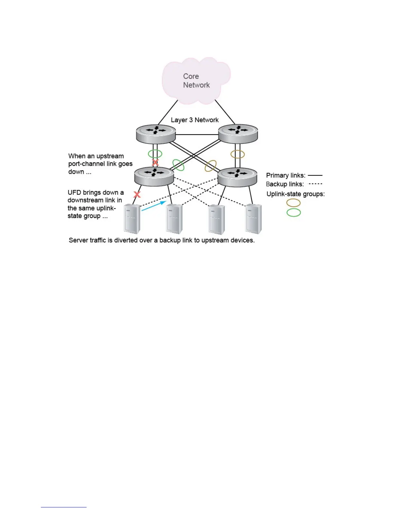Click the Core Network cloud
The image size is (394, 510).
point(196,80)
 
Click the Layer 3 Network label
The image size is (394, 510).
point(195,120)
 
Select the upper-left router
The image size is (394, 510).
point(156,134)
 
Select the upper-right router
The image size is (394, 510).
point(238,133)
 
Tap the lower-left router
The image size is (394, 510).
point(154,176)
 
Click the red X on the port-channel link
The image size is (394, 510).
point(155,163)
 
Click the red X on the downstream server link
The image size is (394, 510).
point(137,194)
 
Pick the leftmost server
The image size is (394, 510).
point(132,219)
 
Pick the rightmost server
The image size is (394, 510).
point(254,219)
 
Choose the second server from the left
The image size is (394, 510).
point(174,219)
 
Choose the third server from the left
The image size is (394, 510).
point(217,219)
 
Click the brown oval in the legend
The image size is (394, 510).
point(294,203)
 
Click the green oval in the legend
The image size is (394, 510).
point(294,212)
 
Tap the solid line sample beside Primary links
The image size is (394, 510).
point(315,175)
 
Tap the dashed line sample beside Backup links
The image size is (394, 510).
point(315,184)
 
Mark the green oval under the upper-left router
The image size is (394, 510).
point(155,154)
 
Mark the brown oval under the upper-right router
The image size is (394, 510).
point(238,154)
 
